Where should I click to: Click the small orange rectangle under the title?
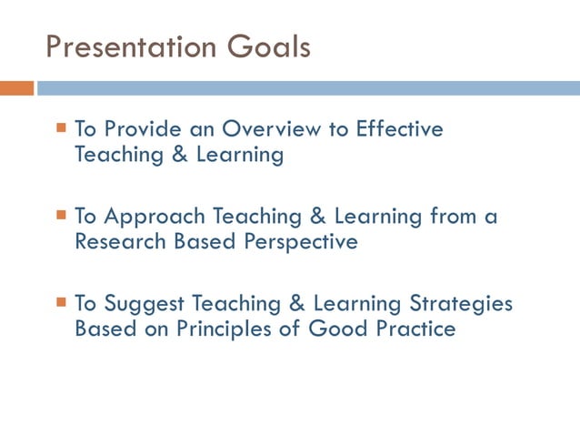16,88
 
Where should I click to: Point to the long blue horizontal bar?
308,88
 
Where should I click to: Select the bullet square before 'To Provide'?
62,127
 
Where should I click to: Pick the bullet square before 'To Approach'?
62,216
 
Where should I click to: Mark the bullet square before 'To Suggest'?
62,302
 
